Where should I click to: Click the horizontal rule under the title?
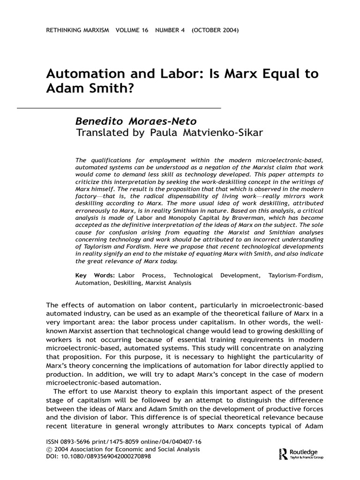click(x=112, y=108)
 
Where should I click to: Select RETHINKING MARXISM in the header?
click(x=77, y=30)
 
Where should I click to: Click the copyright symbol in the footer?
click(x=49, y=449)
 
